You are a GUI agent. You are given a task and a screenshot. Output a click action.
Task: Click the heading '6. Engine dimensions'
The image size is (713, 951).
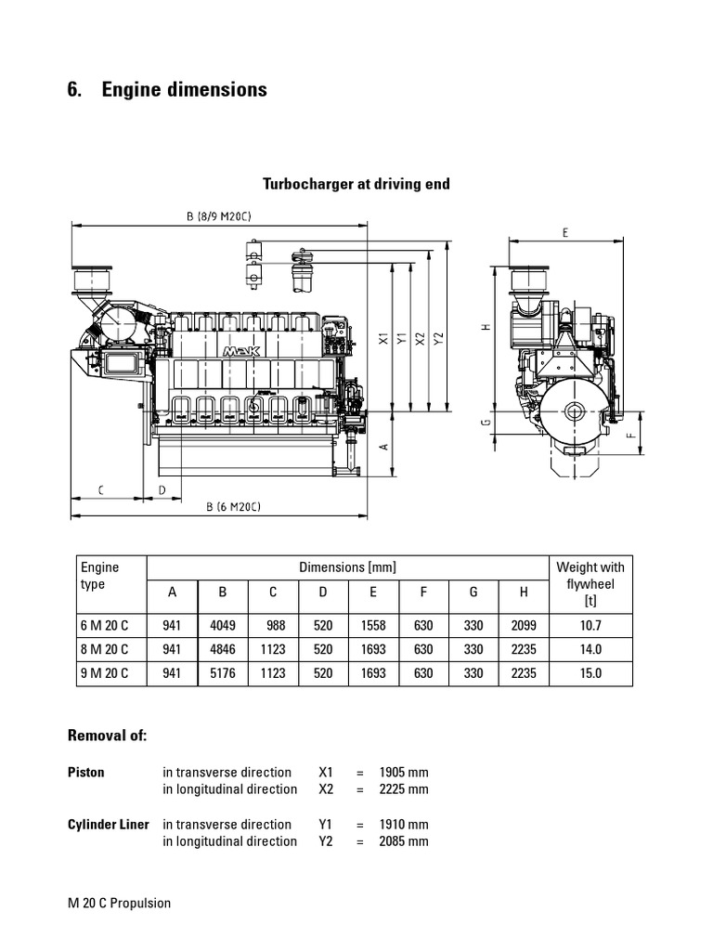tap(167, 90)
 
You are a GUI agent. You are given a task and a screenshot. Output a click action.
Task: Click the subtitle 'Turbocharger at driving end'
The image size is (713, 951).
tap(356, 184)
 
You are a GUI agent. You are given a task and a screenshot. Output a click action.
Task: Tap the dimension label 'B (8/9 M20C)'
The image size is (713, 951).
tap(219, 216)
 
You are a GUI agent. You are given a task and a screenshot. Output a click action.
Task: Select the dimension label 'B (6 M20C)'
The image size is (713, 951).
tap(233, 506)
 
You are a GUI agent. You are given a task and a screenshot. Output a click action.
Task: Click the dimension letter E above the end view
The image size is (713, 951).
tap(564, 234)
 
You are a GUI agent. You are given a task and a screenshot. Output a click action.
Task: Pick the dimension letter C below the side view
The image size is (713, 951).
tap(100, 489)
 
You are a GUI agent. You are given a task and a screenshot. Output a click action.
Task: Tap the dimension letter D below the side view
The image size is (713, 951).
tap(162, 489)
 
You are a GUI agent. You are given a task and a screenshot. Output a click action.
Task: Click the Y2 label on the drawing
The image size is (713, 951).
tap(439, 340)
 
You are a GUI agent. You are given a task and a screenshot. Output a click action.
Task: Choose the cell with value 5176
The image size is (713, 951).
tap(223, 672)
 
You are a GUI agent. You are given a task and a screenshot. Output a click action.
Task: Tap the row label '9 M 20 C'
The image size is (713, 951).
tap(105, 672)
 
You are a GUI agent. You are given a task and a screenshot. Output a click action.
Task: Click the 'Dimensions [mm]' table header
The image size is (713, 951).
tap(347, 567)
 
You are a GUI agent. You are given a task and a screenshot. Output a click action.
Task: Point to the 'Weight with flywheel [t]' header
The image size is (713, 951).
tap(590, 584)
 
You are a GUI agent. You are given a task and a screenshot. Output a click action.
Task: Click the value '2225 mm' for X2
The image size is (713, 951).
tap(404, 789)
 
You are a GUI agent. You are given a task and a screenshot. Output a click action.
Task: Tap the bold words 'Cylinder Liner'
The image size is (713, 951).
tap(109, 825)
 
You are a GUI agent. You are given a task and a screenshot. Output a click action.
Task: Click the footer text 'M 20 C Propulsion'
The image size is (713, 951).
tap(120, 903)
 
